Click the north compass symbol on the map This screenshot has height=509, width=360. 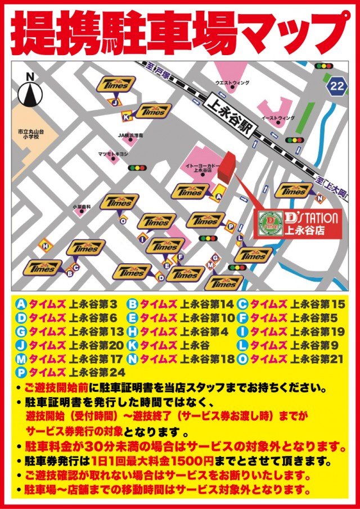tap(31, 91)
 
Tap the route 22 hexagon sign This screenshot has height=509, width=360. tap(336, 85)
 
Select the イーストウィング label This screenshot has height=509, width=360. tap(278, 118)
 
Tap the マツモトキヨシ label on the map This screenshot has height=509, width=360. tap(114, 153)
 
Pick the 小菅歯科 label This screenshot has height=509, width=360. tap(82, 207)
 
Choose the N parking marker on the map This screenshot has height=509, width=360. tap(320, 198)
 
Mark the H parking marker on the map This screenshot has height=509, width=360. tap(46, 245)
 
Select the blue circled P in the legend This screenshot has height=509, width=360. tap(22, 371)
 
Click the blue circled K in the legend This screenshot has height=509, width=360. tap(133, 344)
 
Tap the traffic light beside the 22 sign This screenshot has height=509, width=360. tap(324, 66)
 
